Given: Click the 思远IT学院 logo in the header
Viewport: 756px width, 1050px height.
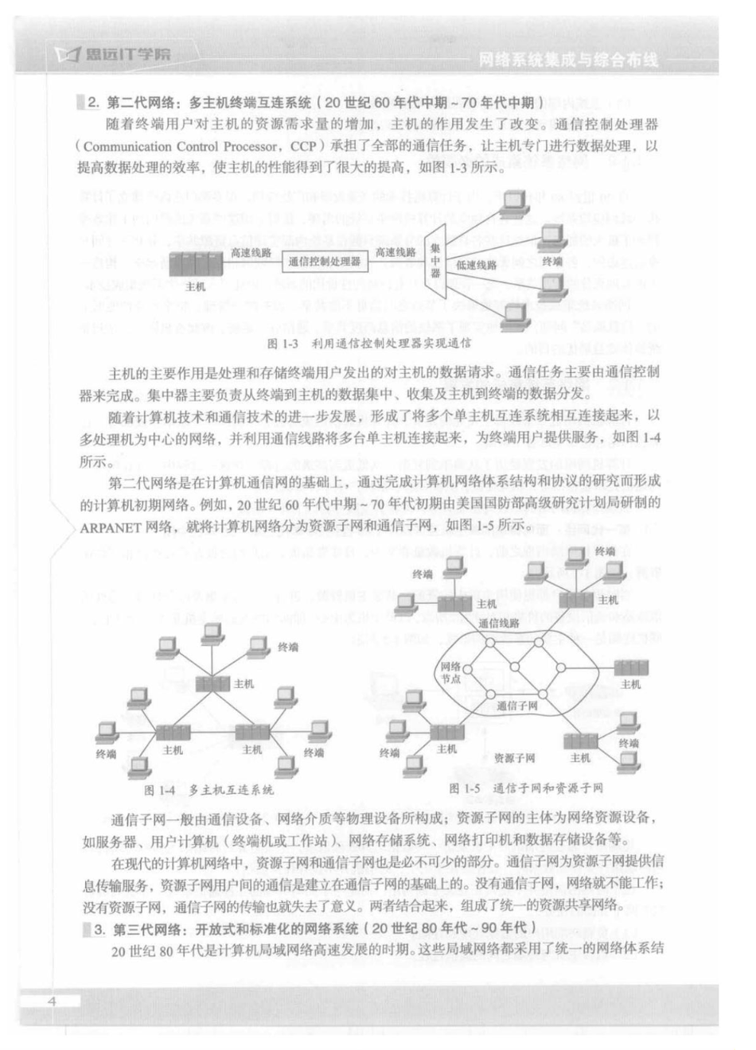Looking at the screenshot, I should pos(115,53).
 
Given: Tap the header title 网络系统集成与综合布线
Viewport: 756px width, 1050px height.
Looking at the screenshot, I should pos(568,60).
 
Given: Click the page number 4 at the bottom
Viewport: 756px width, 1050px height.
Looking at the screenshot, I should pos(52,1001).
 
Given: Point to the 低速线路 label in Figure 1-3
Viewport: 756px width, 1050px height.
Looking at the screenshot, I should pos(476,265).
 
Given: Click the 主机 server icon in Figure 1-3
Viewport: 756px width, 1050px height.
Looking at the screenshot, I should pos(194,264).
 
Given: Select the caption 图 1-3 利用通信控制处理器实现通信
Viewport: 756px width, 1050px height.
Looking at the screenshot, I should pos(369,344).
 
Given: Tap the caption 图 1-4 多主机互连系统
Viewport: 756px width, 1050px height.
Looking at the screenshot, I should pos(208,790).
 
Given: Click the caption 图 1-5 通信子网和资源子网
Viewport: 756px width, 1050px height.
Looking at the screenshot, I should pos(525,787).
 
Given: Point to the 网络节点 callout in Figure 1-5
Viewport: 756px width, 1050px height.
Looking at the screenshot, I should pos(450,673).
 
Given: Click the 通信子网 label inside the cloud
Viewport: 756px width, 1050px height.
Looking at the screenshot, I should pos(516,705).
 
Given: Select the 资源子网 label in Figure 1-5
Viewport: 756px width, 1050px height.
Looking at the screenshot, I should pos(514,758).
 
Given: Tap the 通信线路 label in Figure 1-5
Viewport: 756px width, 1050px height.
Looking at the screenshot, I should pos(499,624).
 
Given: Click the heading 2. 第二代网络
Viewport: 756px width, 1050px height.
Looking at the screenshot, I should pos(314,102).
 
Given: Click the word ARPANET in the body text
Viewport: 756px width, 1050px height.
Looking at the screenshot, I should pos(110,526).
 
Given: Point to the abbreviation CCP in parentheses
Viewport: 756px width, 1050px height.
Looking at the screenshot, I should pos(302,146).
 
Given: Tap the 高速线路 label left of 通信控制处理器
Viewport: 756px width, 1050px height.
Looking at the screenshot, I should pos(250,252).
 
